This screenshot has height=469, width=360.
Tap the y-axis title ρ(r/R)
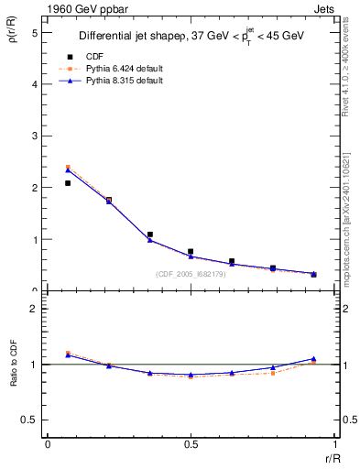pos(15,33)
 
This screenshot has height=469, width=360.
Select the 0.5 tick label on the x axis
pos(191,443)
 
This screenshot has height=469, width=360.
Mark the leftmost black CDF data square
pos(68,183)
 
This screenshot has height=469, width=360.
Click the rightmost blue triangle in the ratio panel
pos(313,359)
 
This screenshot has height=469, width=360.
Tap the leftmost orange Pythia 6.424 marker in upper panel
pos(68,168)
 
